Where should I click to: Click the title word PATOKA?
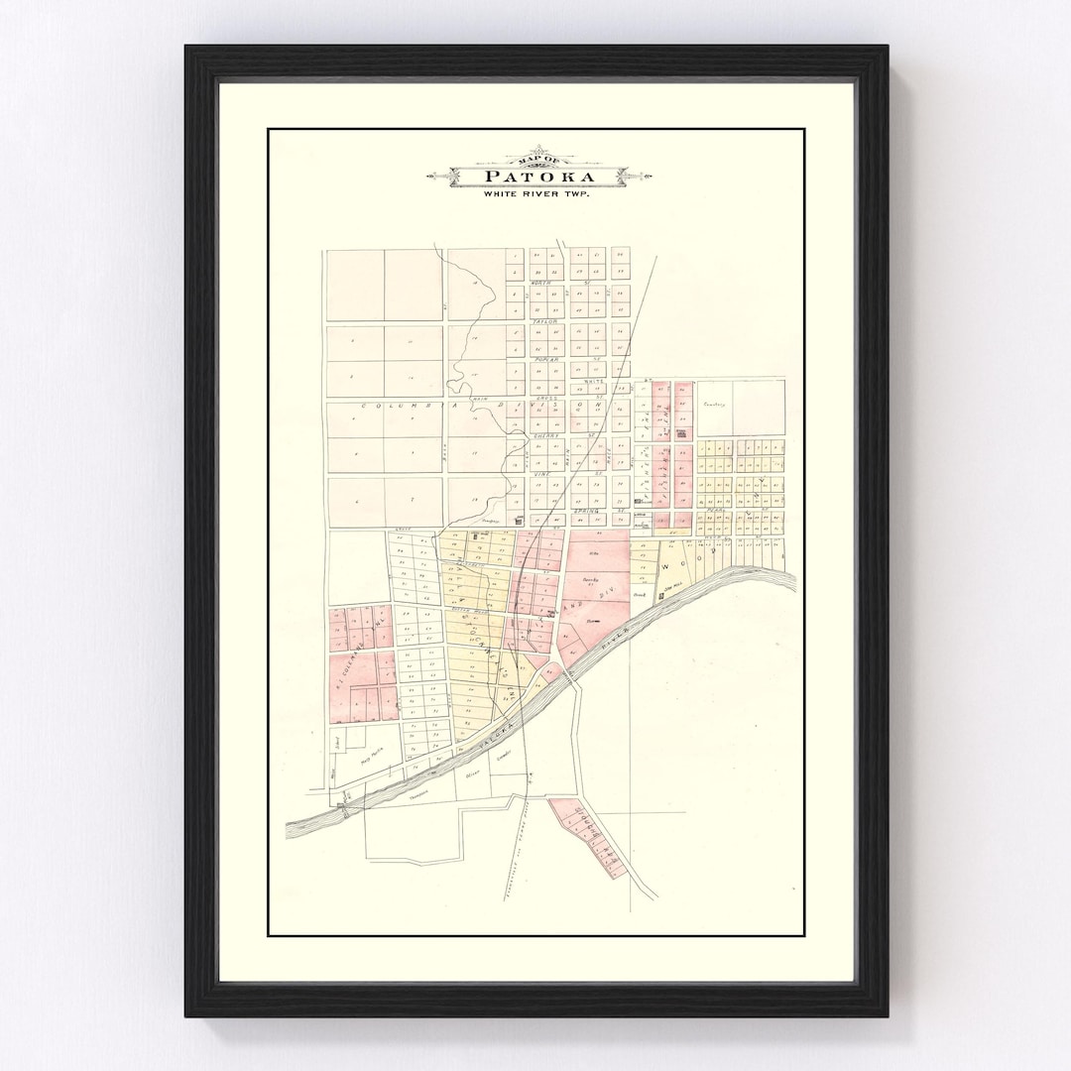[540, 178]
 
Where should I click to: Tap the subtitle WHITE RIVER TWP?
[536, 194]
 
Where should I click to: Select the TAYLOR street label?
[545, 322]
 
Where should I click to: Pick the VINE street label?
[544, 474]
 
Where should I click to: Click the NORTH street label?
[540, 284]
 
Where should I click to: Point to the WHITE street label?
[593, 381]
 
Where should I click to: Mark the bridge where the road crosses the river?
[569, 677]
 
